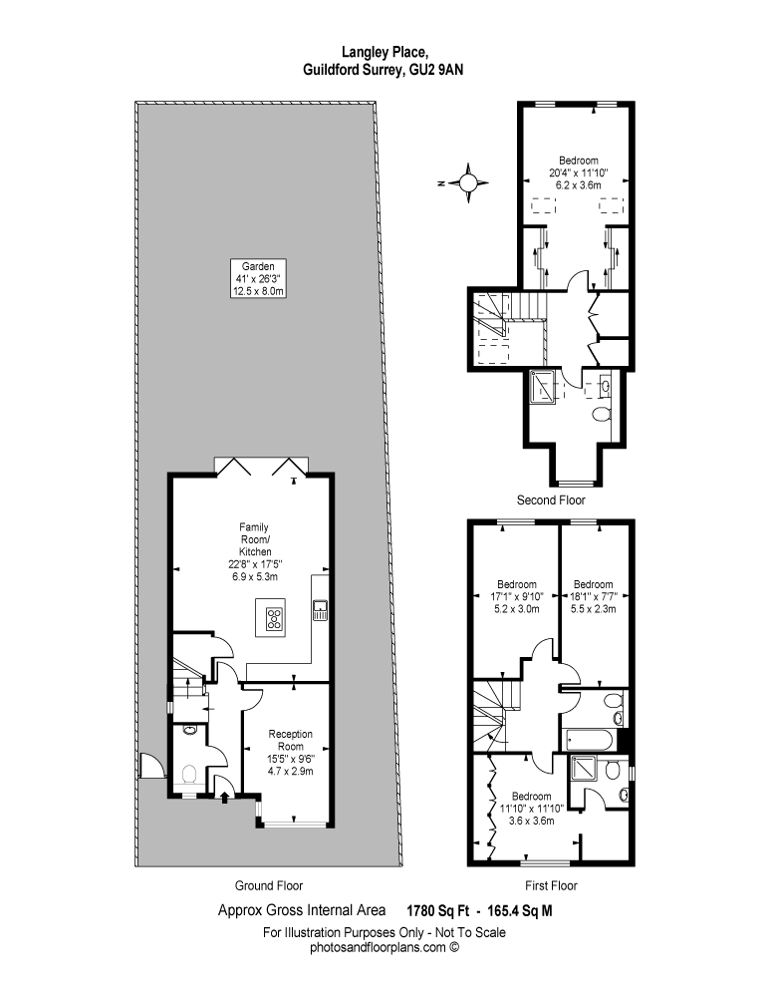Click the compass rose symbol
(467, 182)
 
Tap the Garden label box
(257, 278)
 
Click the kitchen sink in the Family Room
(320, 610)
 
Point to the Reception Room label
(290, 752)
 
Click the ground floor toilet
(188, 775)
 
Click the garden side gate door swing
(152, 765)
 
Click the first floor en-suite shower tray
(583, 768)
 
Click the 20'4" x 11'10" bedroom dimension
(578, 172)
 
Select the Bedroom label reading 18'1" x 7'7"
(594, 596)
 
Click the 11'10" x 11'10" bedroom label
(532, 809)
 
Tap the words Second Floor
(551, 499)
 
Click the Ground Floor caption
(269, 885)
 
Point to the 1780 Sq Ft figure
(438, 911)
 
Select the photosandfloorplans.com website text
(378, 947)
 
